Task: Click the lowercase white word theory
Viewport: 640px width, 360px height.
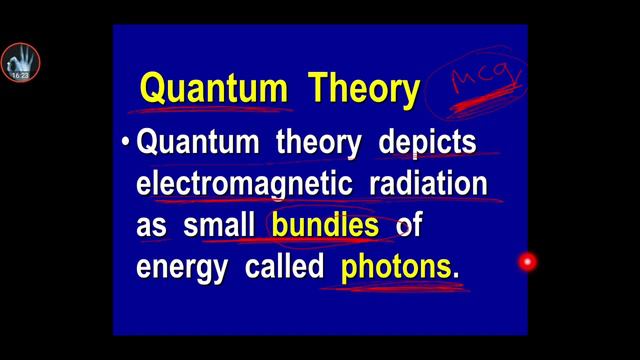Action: tap(321, 144)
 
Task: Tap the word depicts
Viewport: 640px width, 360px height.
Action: tap(427, 144)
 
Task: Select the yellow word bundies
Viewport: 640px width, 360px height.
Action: tap(325, 226)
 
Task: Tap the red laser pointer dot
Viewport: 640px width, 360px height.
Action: tap(526, 262)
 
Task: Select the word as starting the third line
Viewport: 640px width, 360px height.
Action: tap(151, 227)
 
